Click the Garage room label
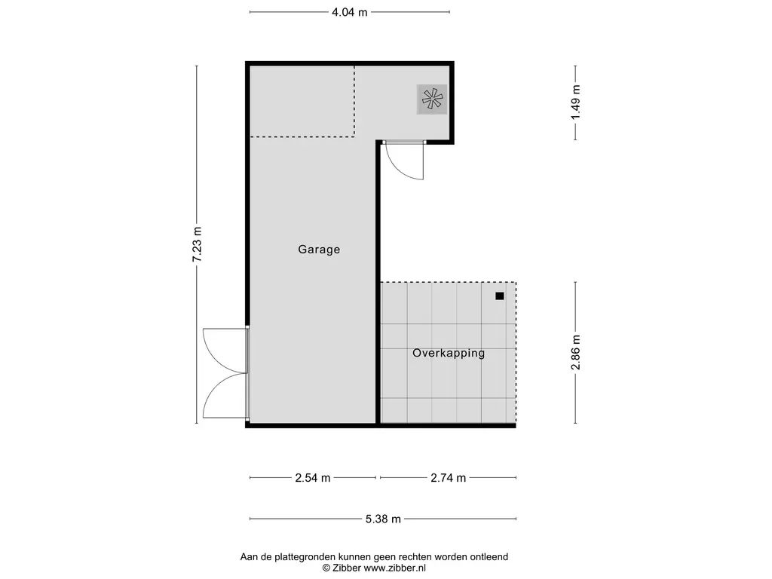click(x=319, y=250)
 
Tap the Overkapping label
click(x=449, y=353)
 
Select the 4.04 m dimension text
click(x=349, y=12)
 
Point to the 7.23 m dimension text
click(x=198, y=244)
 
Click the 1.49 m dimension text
click(x=576, y=102)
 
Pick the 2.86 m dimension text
click(x=576, y=352)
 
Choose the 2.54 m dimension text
click(x=312, y=478)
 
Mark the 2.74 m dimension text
click(x=448, y=478)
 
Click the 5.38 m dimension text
click(x=382, y=519)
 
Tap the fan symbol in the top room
click(x=432, y=100)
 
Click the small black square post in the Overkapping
click(x=499, y=296)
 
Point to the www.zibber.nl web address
click(x=395, y=568)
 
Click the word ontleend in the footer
click(x=488, y=557)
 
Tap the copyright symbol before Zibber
click(x=326, y=568)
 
